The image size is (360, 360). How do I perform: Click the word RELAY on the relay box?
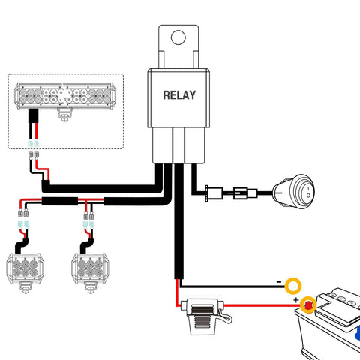[x=179, y=95]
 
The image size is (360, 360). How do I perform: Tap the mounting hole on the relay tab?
[x=178, y=37]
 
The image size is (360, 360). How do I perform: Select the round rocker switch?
[x=293, y=191]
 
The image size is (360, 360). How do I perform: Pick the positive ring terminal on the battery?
[x=308, y=304]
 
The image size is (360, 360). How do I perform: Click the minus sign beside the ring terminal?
[x=279, y=282]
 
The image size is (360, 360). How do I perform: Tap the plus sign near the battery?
[x=296, y=299]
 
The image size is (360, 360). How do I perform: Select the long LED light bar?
[x=65, y=96]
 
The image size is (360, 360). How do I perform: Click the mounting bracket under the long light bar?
[x=64, y=115]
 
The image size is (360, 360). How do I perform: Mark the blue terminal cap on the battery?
[x=358, y=332]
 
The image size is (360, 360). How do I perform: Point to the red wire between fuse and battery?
[x=262, y=305]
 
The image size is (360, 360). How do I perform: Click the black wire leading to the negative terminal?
[x=232, y=286]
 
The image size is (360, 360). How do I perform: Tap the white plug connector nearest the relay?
[x=214, y=193]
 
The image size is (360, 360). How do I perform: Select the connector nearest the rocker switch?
[x=245, y=193]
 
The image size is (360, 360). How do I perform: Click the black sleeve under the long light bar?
[x=34, y=115]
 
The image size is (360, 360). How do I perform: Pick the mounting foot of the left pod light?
[x=25, y=287]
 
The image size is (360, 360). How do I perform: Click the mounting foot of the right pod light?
[x=90, y=287]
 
